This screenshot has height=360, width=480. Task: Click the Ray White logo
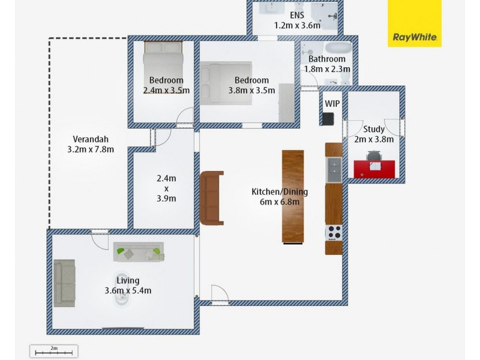[x=414, y=23]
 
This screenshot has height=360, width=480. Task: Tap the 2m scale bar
[x=53, y=351]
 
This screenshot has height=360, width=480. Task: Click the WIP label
[x=332, y=103]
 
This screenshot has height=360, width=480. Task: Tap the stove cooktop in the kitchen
[x=333, y=232]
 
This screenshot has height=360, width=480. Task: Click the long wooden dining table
[x=293, y=196]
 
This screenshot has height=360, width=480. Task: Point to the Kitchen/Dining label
[x=279, y=192]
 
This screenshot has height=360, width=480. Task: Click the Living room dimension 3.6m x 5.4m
[x=128, y=291]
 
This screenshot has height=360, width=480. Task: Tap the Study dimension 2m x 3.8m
[x=374, y=139]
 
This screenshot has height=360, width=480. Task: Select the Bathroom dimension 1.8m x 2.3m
[x=327, y=69]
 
